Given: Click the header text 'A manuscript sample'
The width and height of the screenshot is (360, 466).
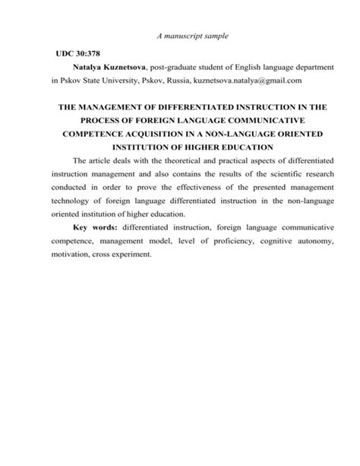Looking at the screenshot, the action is pos(193,36).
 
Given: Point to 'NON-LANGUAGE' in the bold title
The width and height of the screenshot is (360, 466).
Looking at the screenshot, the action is pos(244,133).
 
